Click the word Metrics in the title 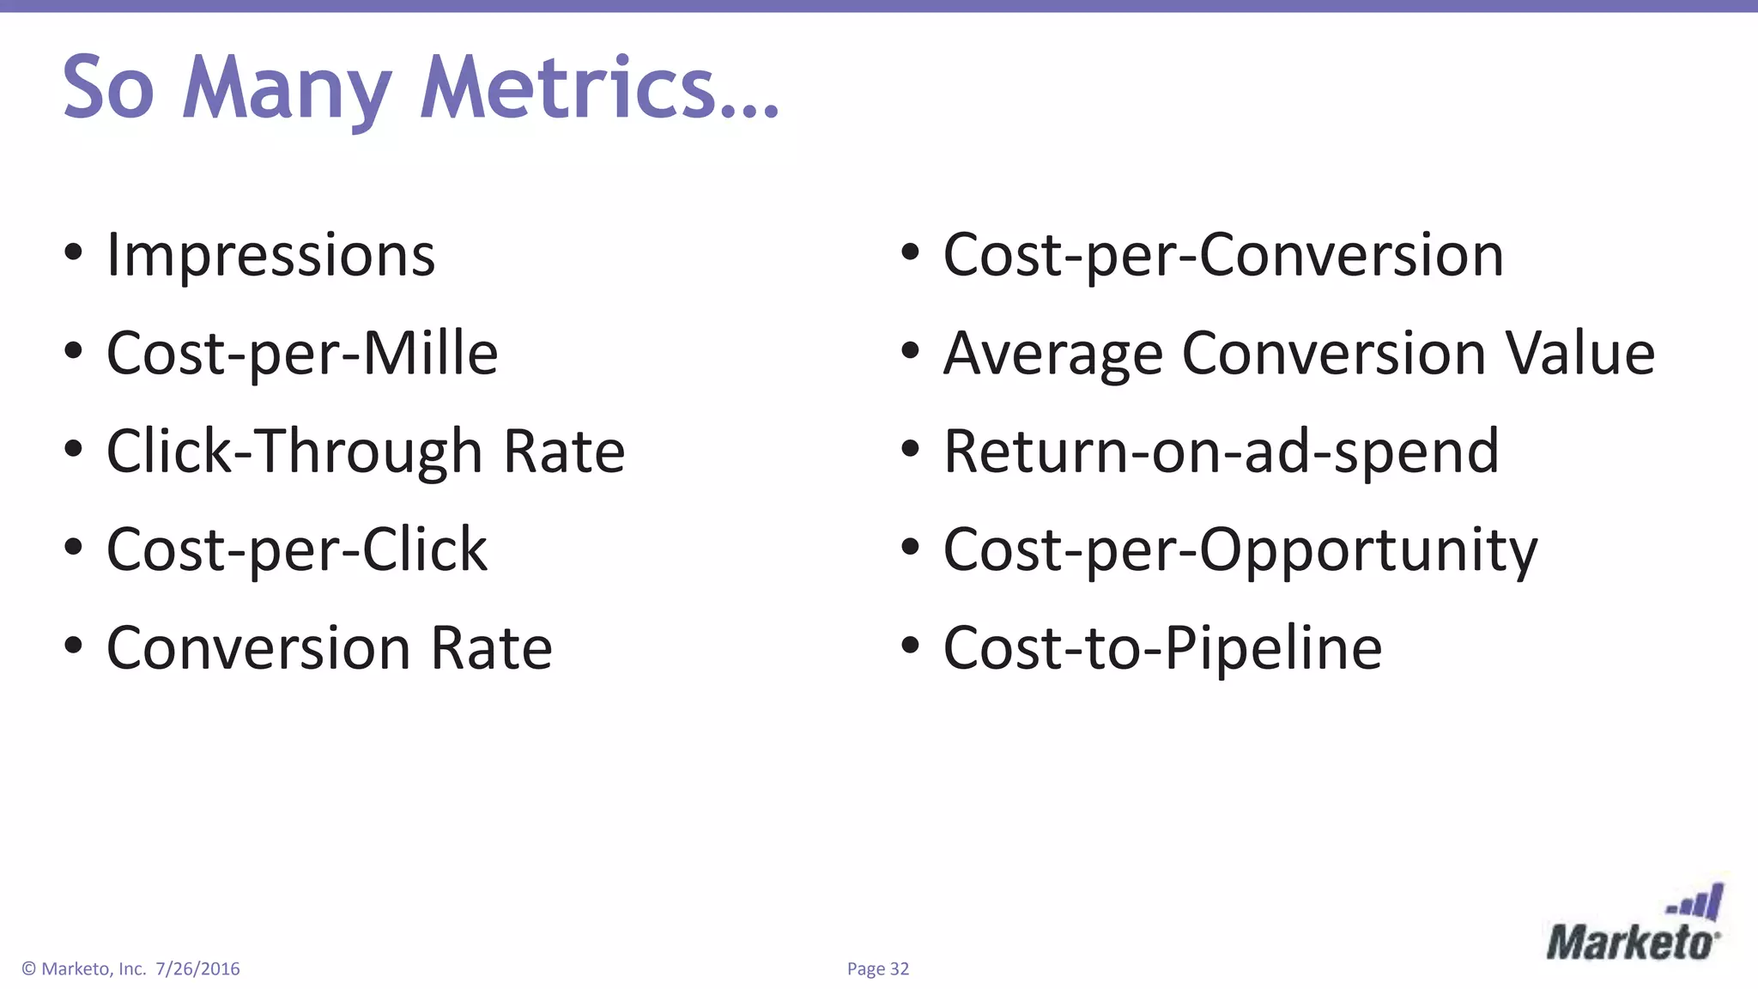[x=599, y=88]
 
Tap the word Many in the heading [x=287, y=89]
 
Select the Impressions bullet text [x=270, y=255]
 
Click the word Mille [x=430, y=353]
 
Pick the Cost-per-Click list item [x=296, y=549]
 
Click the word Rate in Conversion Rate [x=491, y=647]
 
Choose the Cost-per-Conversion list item [x=1222, y=255]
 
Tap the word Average [x=1052, y=354]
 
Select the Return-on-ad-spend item [x=1221, y=452]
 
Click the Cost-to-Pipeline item [x=1162, y=647]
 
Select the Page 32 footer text [x=877, y=969]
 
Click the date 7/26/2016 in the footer [x=197, y=969]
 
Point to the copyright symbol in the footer [x=28, y=969]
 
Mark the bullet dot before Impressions [x=73, y=252]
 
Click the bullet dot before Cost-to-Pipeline [x=910, y=645]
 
